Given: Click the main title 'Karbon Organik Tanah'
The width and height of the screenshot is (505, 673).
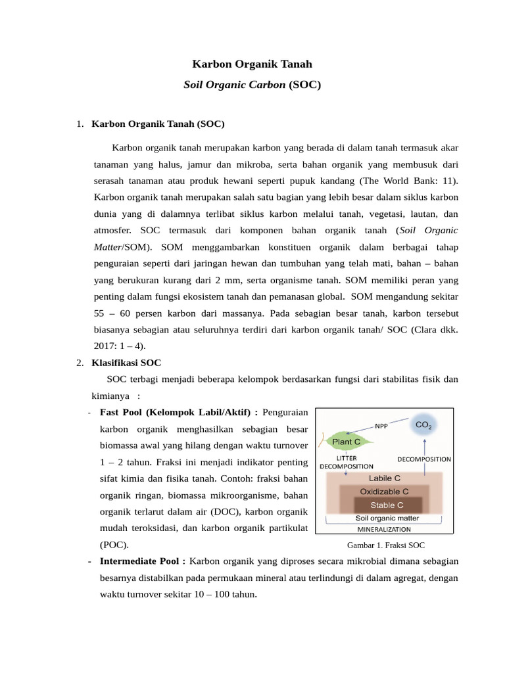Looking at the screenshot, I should [x=252, y=64].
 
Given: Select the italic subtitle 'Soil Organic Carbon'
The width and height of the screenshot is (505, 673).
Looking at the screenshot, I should [x=234, y=85].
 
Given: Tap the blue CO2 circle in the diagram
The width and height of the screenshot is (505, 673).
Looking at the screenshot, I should [x=423, y=425].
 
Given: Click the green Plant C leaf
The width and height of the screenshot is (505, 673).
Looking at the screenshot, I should [x=345, y=441].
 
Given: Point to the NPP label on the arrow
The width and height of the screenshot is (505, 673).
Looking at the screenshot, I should [x=381, y=425].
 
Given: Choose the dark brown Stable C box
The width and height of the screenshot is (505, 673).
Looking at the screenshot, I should [x=387, y=505].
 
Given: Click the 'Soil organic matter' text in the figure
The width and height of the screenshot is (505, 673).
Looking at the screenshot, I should [x=387, y=519].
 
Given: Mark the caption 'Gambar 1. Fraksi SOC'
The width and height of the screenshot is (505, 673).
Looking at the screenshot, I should [x=386, y=545].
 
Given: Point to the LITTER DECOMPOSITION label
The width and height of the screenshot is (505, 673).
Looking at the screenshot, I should [x=346, y=462].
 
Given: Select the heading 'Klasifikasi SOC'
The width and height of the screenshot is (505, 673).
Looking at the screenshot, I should [x=126, y=363].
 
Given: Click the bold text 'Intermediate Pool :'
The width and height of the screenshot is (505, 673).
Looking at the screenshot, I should [x=143, y=561].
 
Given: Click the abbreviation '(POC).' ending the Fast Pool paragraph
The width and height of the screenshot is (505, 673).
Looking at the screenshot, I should [x=114, y=545].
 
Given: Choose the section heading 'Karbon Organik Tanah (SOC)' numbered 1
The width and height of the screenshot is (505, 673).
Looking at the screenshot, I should [x=158, y=124].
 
